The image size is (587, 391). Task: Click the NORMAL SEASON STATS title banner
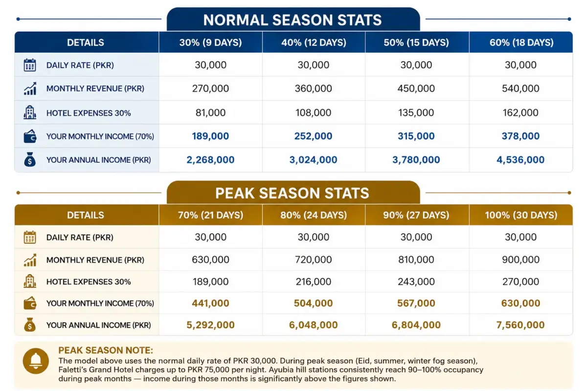click(293, 20)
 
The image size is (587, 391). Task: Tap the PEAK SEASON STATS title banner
click(293, 193)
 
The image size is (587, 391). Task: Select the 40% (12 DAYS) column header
click(314, 43)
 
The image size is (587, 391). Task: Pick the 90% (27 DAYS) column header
click(416, 215)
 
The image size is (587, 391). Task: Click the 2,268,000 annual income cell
click(210, 160)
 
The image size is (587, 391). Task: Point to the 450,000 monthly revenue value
click(416, 88)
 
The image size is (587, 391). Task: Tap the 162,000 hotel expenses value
click(520, 112)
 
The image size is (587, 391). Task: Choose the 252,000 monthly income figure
click(313, 136)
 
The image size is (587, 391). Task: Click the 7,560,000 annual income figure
click(520, 325)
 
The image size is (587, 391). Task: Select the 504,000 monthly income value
click(313, 303)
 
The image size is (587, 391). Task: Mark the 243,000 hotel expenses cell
click(416, 282)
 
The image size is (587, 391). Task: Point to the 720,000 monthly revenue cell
click(314, 260)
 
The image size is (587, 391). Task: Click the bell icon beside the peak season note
click(36, 361)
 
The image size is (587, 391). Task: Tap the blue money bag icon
click(30, 159)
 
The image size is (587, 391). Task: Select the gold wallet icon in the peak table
click(30, 303)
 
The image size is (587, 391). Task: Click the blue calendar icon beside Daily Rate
click(30, 65)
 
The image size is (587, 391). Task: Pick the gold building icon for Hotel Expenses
click(30, 281)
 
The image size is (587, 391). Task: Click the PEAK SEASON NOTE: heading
click(106, 350)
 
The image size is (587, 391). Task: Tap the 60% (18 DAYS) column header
click(521, 43)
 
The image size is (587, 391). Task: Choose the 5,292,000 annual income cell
click(210, 325)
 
